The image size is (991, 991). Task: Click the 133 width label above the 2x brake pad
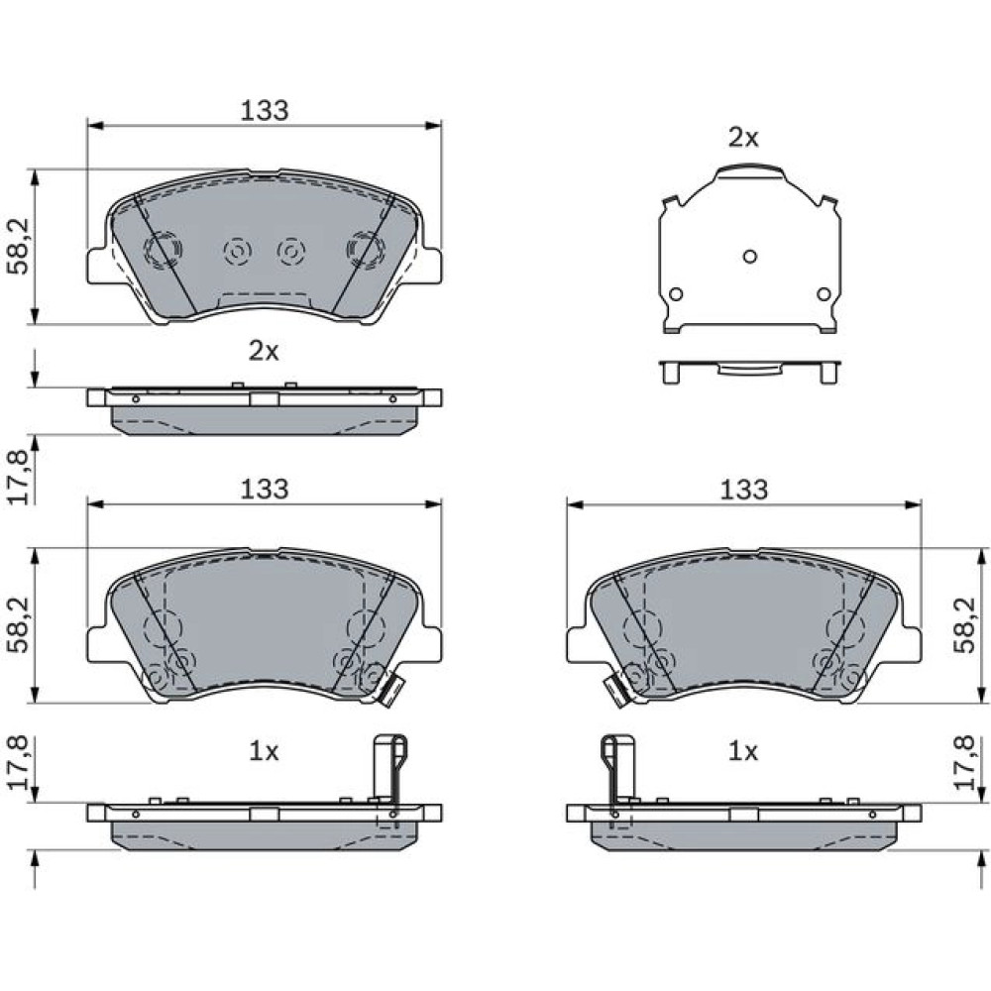(265, 111)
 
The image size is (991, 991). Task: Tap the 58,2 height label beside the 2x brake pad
(18, 247)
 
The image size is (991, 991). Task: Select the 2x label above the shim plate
(743, 138)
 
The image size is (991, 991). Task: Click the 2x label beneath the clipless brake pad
(264, 352)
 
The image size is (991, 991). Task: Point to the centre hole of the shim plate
(749, 257)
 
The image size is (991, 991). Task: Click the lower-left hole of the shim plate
(676, 294)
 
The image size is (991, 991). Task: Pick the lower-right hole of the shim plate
(824, 294)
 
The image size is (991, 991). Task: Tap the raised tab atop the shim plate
(749, 170)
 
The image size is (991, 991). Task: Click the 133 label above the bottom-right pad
(743, 490)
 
